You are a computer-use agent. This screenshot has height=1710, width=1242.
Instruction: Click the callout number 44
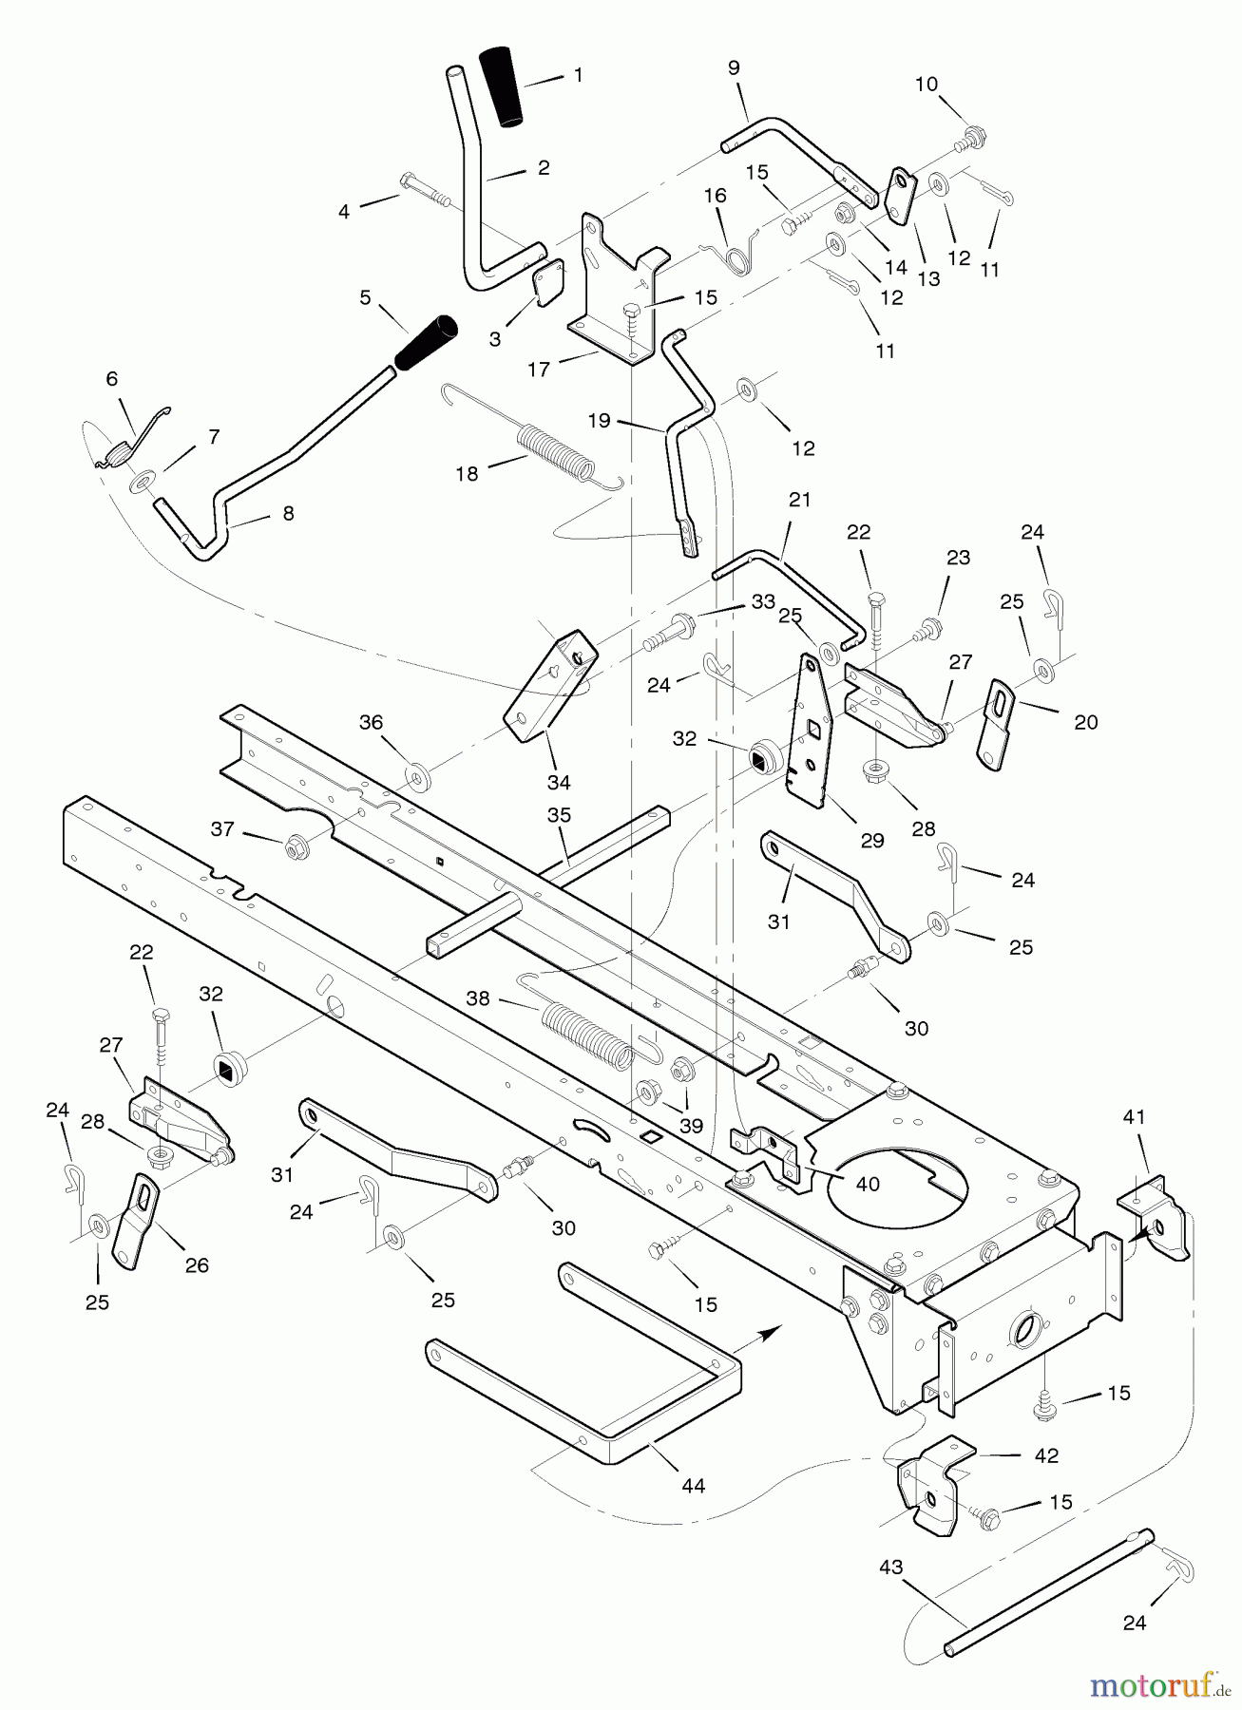coord(694,1485)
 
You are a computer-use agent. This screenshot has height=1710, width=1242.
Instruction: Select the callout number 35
coord(559,815)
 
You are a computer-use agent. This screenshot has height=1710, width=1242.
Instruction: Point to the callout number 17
coord(539,369)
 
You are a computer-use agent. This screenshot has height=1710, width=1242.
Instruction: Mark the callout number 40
coord(867,1184)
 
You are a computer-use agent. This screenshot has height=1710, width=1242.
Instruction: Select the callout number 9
coord(733,67)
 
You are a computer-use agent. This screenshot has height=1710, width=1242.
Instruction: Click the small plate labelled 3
coord(545,284)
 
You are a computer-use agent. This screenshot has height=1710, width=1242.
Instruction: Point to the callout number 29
coord(871,840)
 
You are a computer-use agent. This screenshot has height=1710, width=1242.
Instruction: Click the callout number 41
coord(1135,1117)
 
